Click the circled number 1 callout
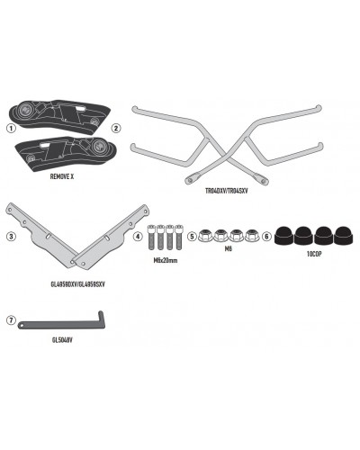pos(11,129)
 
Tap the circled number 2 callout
pos(115,129)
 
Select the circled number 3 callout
pos(11,237)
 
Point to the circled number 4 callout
pos(138,237)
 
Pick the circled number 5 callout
pos(192,237)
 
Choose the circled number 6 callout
pos(266,237)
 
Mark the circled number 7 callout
pos(11,320)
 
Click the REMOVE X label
pos(62,176)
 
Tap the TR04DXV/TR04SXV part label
pos(227,191)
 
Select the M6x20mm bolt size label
pos(166,260)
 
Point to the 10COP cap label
pos(314,254)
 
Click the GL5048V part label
pos(62,340)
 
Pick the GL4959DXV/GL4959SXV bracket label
pos(78,284)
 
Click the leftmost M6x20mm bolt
pos(151,238)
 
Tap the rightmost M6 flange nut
pos(251,235)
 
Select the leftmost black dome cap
pos(284,235)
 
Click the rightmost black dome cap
pos(344,235)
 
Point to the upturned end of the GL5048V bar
pos(101,318)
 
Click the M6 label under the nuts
pos(229,248)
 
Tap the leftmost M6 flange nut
pos(205,235)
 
